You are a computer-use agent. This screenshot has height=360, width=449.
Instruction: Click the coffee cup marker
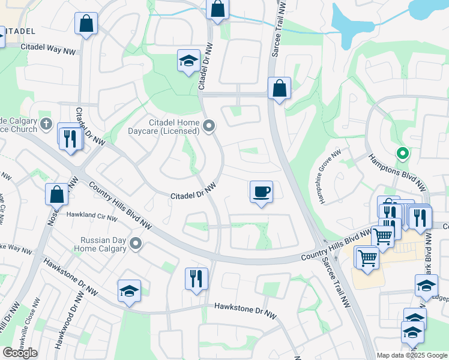[261, 192]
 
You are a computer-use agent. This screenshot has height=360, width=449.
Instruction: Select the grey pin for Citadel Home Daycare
[209, 125]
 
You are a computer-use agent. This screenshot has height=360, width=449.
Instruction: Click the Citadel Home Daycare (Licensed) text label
[166, 126]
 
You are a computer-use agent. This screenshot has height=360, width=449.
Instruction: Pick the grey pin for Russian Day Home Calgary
[136, 244]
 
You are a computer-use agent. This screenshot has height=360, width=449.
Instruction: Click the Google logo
[20, 353]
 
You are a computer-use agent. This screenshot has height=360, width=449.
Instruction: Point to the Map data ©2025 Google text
[412, 355]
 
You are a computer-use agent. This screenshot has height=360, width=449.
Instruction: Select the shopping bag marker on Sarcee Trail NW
[279, 88]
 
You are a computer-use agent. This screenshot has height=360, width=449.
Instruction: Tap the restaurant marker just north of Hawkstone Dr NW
[196, 278]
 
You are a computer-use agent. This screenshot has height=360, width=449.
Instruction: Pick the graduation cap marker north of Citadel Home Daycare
[188, 61]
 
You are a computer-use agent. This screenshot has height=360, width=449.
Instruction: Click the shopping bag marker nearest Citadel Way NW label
[86, 24]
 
